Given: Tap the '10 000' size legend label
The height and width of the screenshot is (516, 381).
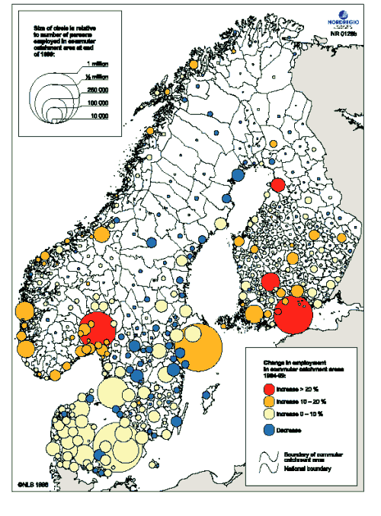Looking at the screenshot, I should pos(98,114).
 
